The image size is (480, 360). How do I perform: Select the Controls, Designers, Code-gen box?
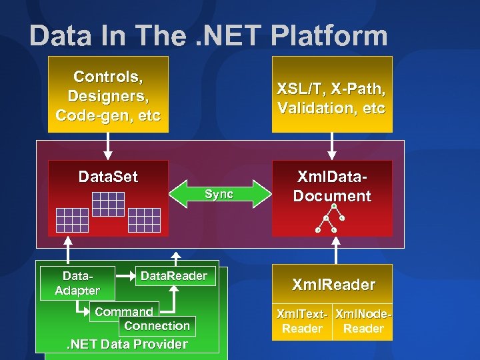[x=108, y=95]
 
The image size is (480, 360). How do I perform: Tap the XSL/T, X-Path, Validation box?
[x=331, y=95]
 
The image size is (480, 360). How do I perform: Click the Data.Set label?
[x=108, y=177]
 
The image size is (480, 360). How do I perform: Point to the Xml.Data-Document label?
[x=331, y=187]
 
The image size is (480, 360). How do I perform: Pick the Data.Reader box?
[x=174, y=276]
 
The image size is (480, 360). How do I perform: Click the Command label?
[x=124, y=311]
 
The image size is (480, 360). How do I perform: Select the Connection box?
[x=157, y=325]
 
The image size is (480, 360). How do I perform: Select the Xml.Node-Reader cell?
[x=363, y=321]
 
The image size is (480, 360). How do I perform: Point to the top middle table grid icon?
[x=108, y=203]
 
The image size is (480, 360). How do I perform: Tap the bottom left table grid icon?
[x=71, y=219]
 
